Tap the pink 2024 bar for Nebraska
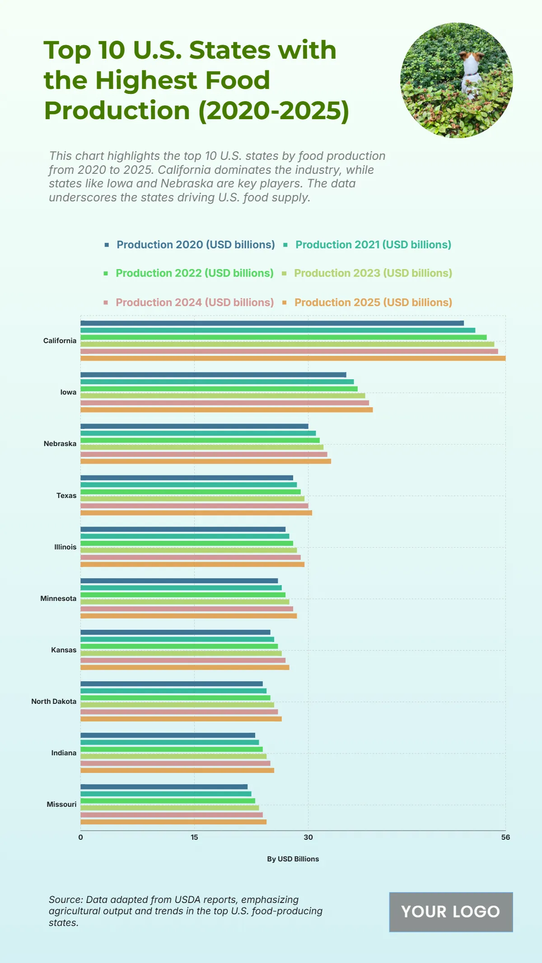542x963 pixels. click(x=204, y=454)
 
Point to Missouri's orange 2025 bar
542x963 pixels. click(x=173, y=822)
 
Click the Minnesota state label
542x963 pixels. click(x=58, y=599)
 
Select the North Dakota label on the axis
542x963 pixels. click(x=54, y=702)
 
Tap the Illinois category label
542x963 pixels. click(x=65, y=547)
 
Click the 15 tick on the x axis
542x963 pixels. click(x=194, y=837)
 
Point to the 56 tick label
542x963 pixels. click(x=505, y=837)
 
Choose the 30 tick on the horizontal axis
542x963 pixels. click(x=308, y=837)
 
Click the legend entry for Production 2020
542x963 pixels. click(x=196, y=245)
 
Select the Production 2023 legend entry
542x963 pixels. click(x=373, y=273)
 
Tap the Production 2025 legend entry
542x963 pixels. click(x=373, y=302)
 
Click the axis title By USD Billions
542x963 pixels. click(x=293, y=859)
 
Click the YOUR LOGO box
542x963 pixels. click(x=451, y=912)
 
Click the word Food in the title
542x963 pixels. click(x=237, y=80)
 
